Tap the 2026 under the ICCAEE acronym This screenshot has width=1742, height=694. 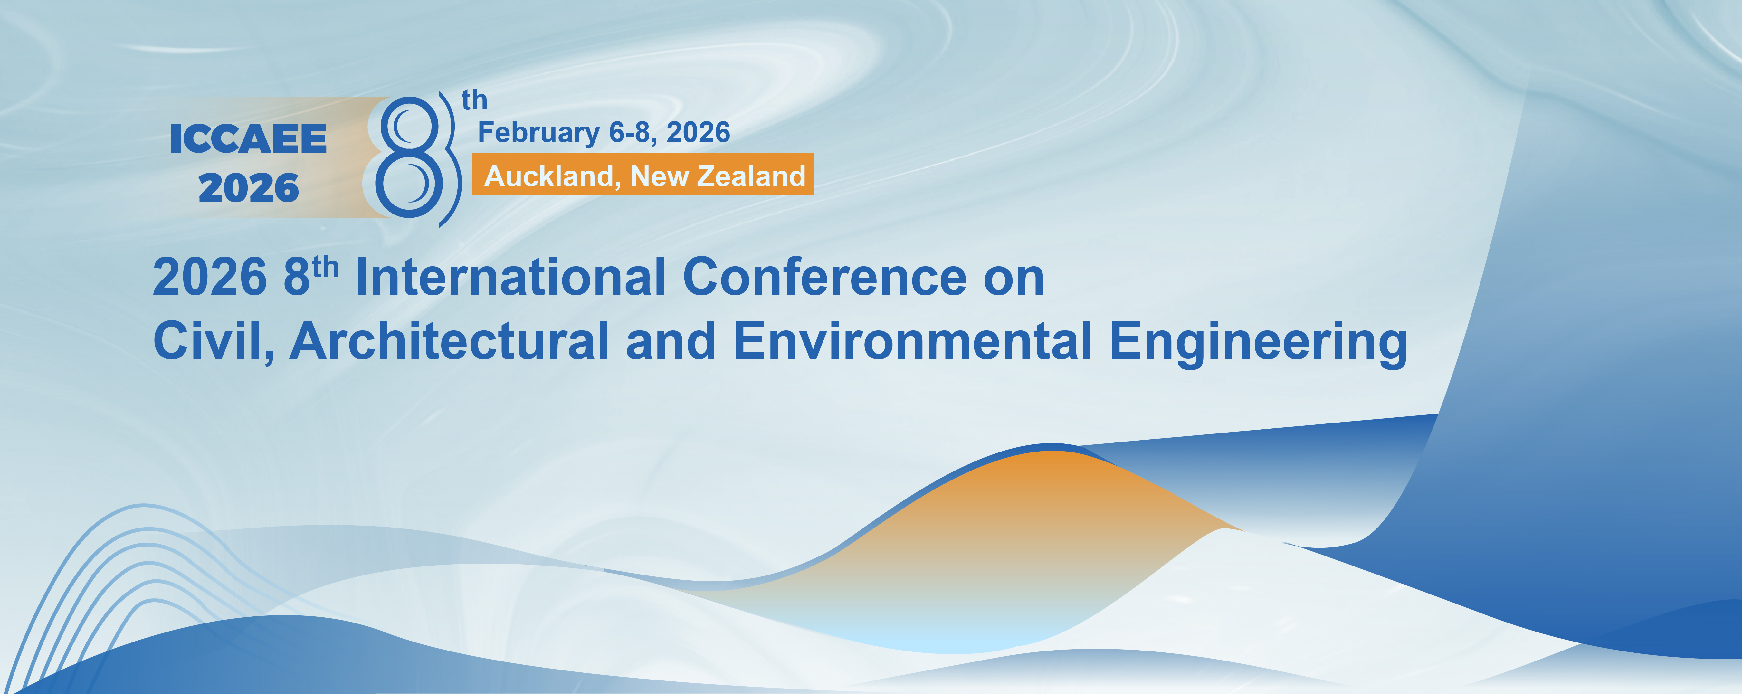[248, 188]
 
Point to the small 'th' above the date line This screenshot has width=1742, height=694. [474, 100]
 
